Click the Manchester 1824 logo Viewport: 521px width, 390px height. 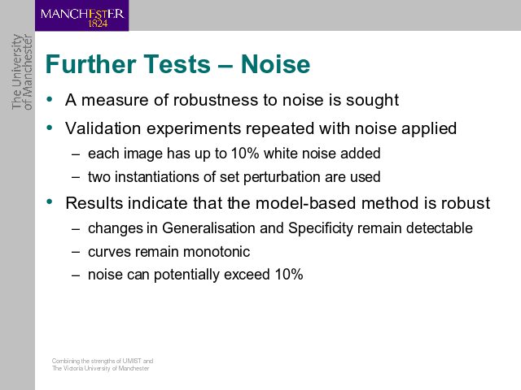pos(81,15)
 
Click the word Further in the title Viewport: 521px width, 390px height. pos(90,63)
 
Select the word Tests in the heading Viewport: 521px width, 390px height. pos(177,63)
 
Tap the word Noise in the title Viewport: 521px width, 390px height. pos(275,63)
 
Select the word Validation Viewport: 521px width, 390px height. pos(103,128)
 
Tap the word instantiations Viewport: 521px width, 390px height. pos(157,177)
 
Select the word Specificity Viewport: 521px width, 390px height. pos(320,229)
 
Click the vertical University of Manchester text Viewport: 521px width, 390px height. pos(22,71)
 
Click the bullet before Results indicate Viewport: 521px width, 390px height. pos(50,201)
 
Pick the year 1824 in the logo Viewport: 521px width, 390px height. pos(98,24)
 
